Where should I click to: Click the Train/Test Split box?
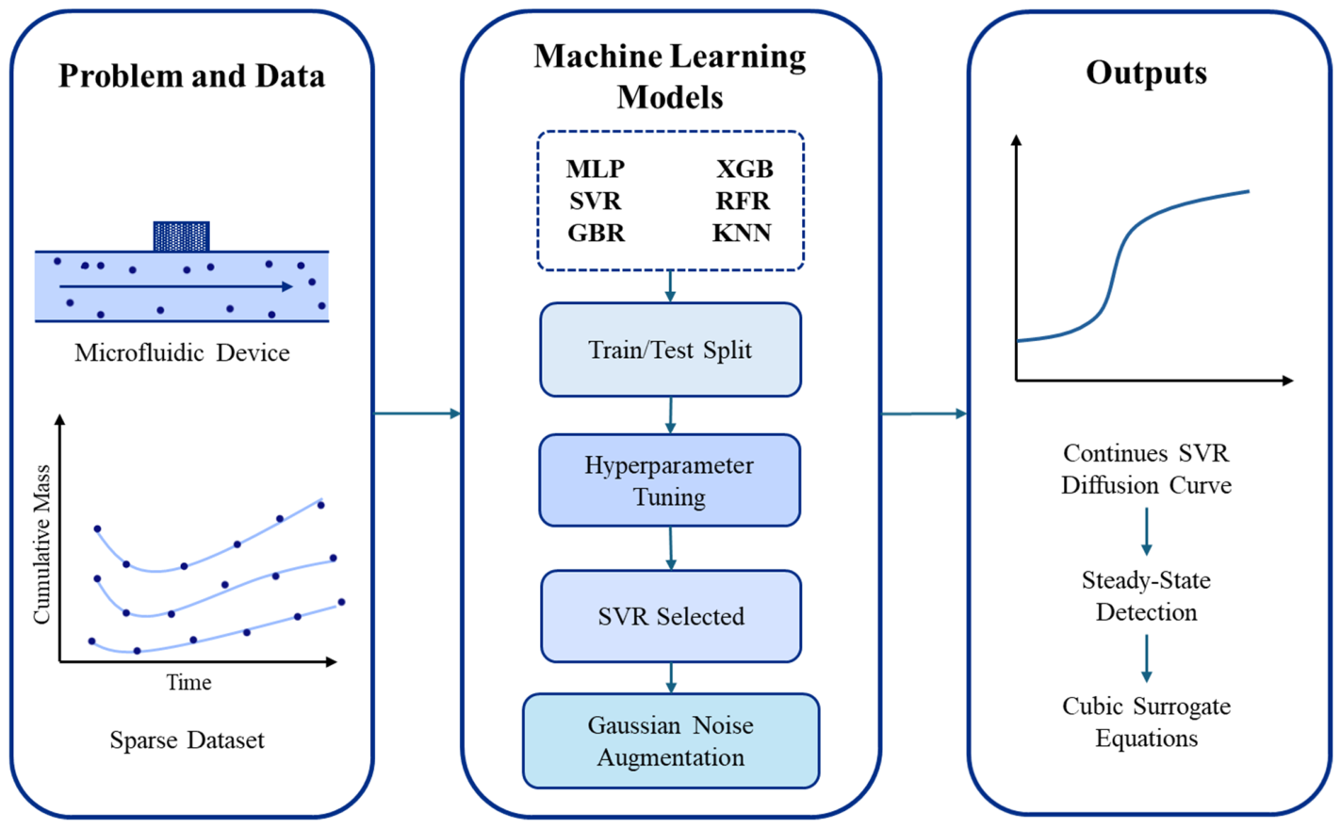pos(671,350)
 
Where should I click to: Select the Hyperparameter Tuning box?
pos(669,480)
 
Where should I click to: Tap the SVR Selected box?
pos(671,616)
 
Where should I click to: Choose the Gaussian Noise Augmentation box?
pos(671,741)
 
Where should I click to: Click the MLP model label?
pos(596,170)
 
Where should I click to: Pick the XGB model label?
pos(744,170)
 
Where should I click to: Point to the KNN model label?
pos(743,233)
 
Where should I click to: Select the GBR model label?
pos(597,233)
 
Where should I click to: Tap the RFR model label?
pos(743,201)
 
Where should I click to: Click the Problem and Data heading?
pos(191,76)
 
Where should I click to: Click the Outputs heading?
pos(1147,73)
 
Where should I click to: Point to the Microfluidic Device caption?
pos(182,353)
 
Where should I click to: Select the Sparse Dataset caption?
pos(187,740)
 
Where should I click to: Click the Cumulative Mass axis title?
pos(41,544)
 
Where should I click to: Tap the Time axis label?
pos(188,682)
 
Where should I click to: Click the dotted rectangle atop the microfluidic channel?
pos(181,236)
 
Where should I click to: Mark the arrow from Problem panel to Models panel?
pos(417,414)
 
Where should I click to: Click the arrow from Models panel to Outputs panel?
pos(924,414)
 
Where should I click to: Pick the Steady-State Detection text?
pos(1147,596)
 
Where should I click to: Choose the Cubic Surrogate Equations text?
pos(1147,722)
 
